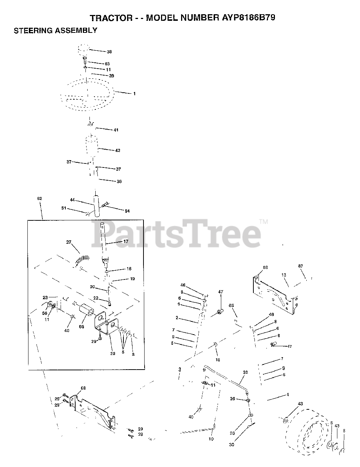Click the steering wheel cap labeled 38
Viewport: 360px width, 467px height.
click(x=84, y=49)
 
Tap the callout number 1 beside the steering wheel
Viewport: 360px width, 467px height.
click(x=134, y=94)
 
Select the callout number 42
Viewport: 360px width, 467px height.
click(x=118, y=150)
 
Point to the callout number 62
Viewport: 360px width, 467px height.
click(x=39, y=198)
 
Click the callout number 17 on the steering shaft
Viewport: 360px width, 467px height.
click(x=126, y=242)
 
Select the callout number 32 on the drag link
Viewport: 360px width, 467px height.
click(x=245, y=373)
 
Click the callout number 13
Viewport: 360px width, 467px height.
click(x=284, y=275)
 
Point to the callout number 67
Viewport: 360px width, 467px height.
click(x=300, y=266)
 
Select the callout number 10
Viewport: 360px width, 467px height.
click(x=211, y=439)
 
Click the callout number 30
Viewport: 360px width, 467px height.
click(x=231, y=444)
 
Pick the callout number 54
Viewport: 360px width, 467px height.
click(x=127, y=211)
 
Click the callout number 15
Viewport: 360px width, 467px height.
click(x=218, y=360)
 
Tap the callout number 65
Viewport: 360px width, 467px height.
click(x=231, y=305)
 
